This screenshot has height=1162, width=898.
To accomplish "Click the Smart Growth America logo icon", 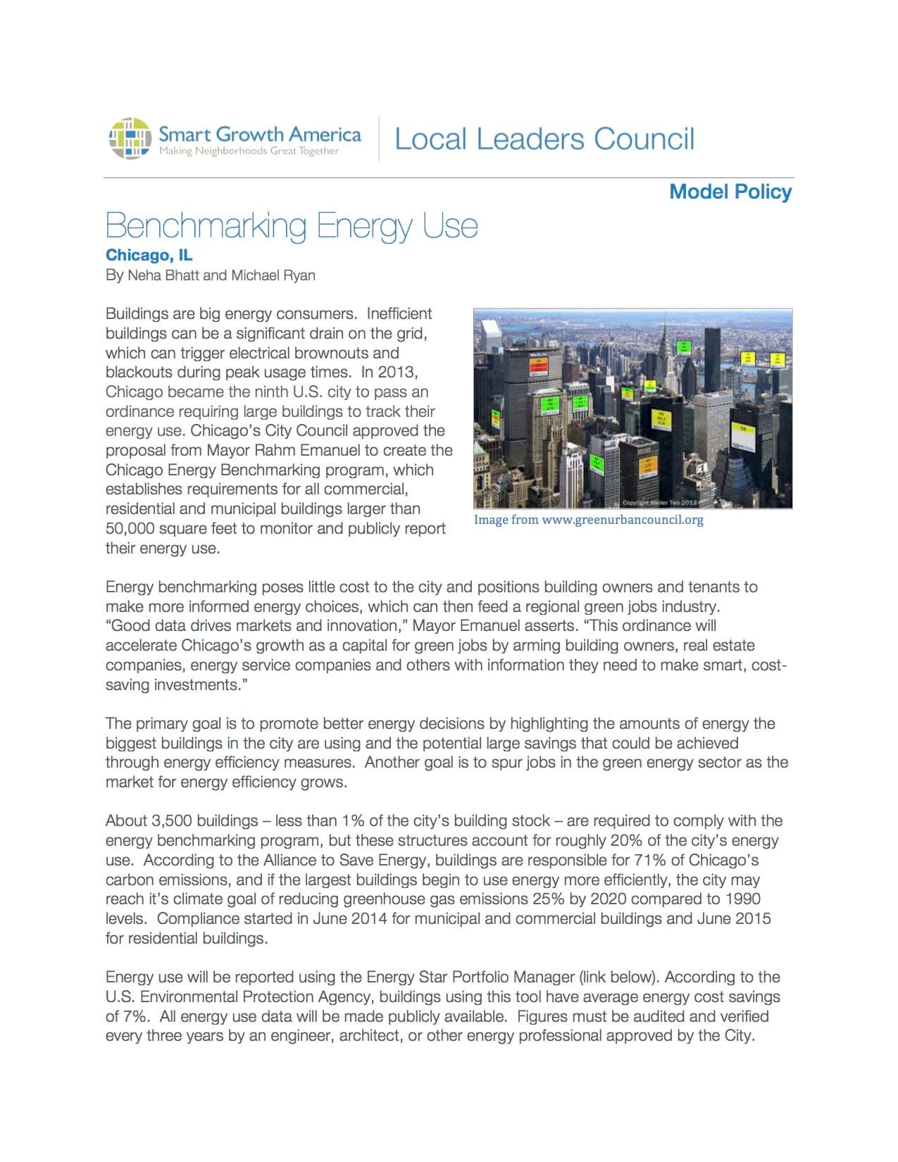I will pos(130,138).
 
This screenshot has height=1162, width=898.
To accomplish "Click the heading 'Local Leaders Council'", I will pos(544,139).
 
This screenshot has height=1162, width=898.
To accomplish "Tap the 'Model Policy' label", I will pos(730,192).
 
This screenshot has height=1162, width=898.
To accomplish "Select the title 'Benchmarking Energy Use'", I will pos(292,226).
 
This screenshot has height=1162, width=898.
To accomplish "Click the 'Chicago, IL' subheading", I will pos(149,255).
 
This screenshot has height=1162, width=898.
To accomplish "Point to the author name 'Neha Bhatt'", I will pos(163,275).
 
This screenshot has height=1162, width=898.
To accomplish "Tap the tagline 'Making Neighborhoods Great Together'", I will pos(249,151).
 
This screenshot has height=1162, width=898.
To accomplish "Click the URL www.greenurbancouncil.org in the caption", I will pos(623,520).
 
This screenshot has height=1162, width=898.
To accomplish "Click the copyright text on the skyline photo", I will pos(659,502).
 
